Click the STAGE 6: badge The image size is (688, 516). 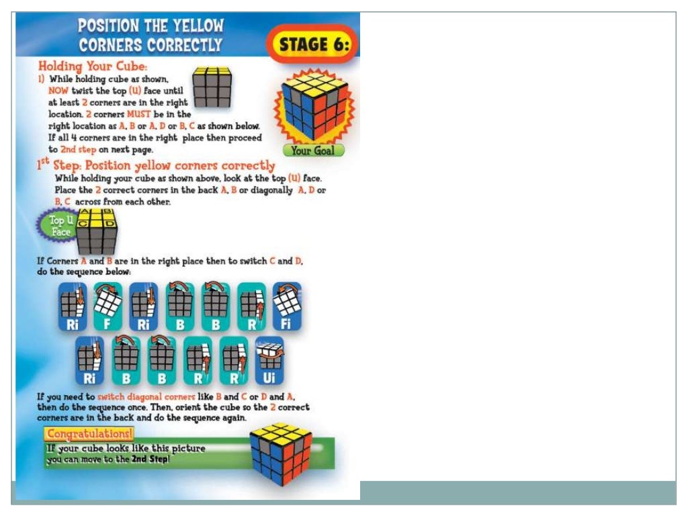[x=314, y=45]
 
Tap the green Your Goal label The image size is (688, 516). [x=312, y=150]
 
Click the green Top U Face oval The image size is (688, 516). [x=59, y=226]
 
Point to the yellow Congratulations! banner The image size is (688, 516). [x=89, y=433]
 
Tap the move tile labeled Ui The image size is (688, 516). [x=269, y=361]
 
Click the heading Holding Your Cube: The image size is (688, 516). [x=92, y=67]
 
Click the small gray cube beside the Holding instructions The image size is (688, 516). [x=212, y=87]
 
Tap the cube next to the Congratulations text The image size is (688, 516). [x=280, y=454]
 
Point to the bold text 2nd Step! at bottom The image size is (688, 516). [x=150, y=460]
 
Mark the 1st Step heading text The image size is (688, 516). [x=155, y=165]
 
